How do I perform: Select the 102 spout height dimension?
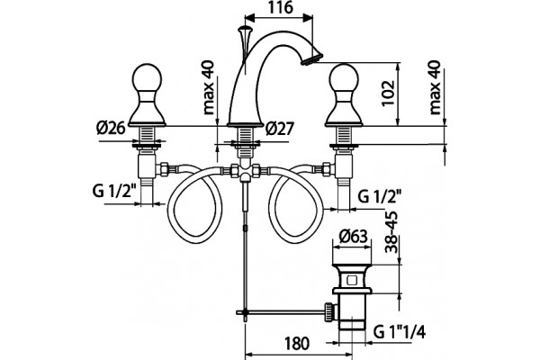pos(389,94)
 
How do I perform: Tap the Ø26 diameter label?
pos(111,129)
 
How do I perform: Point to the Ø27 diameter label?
pos(280,130)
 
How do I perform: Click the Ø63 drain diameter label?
pos(353,237)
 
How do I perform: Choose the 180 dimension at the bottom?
pos(296,343)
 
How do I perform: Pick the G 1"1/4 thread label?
pos(400,332)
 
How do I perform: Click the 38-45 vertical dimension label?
pos(391,232)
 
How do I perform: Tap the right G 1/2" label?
pos(380,197)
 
